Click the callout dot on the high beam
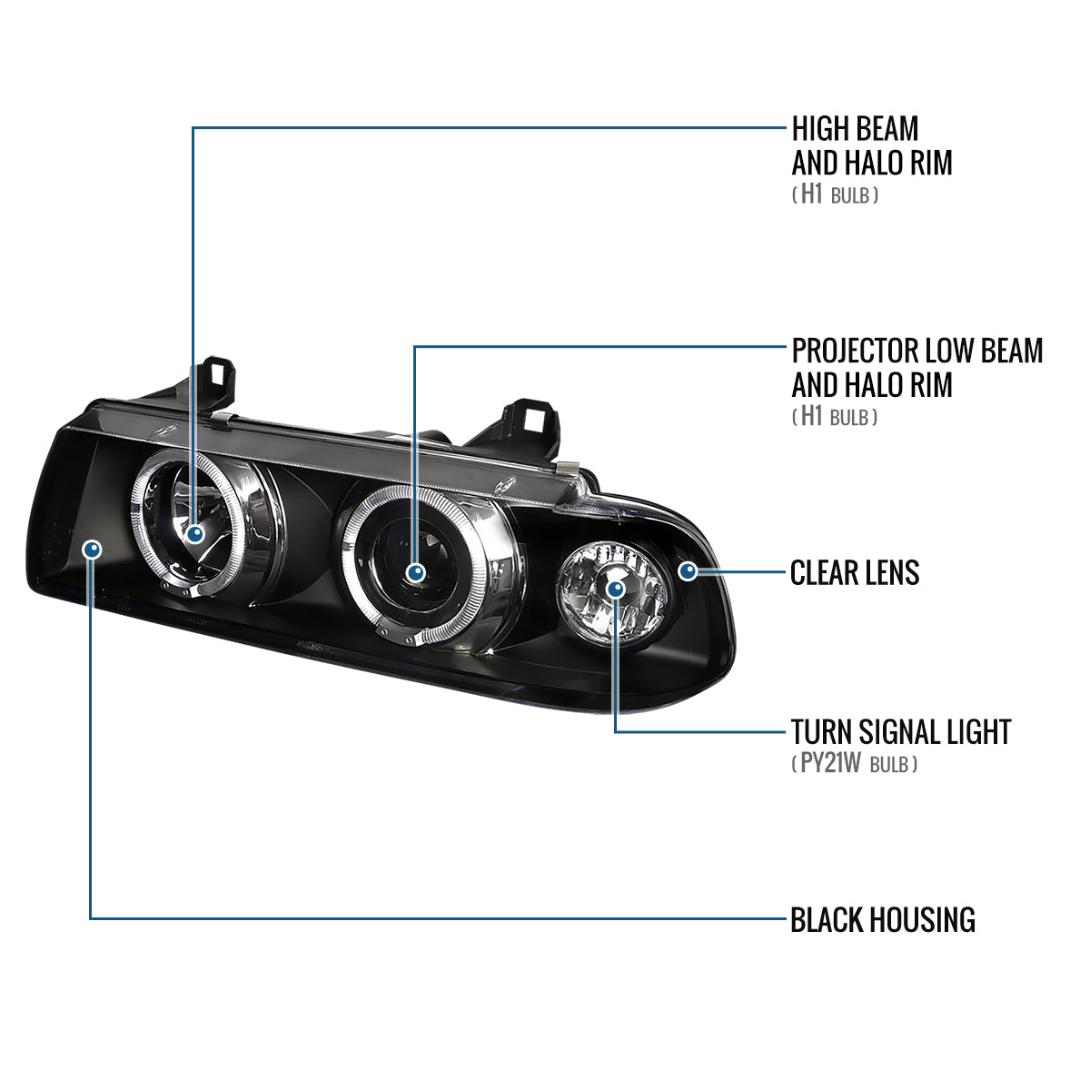coord(193,534)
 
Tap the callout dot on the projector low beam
coord(415,572)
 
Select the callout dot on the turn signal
coord(617,589)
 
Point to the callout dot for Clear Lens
coord(689,570)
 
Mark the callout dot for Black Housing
coord(91,549)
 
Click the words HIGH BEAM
coord(854,128)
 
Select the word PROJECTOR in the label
coord(855,351)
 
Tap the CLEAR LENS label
coord(854,572)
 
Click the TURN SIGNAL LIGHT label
coord(900,731)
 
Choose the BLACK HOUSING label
coord(882,919)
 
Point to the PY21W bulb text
coord(829,764)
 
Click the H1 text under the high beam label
coord(811,194)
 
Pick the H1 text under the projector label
coord(811,417)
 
